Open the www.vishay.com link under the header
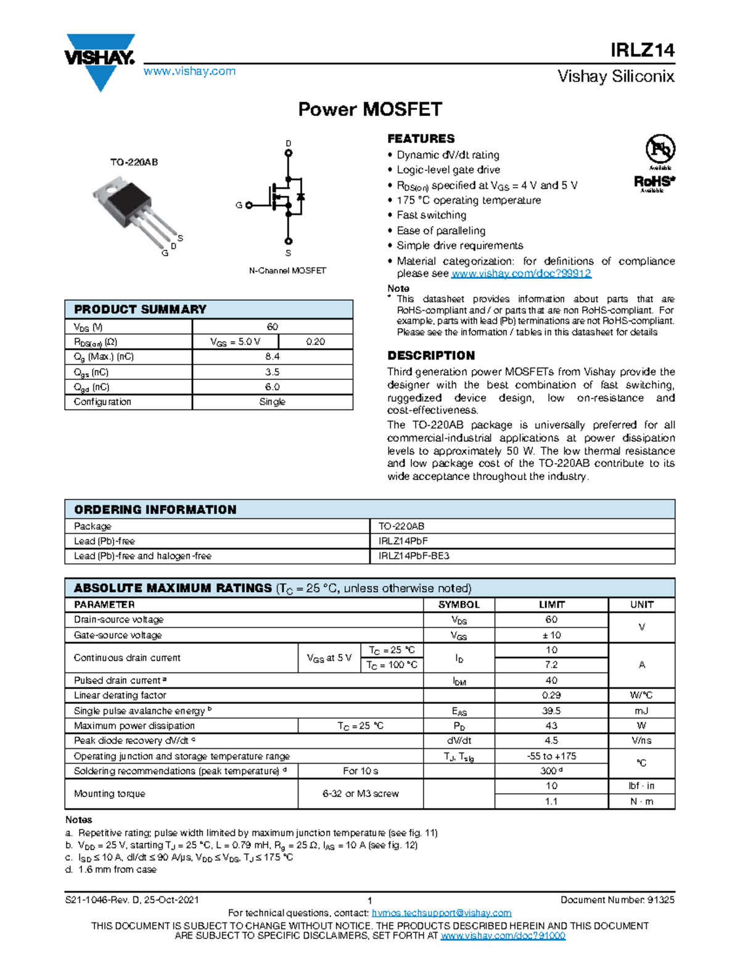click(189, 72)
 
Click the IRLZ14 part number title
click(642, 50)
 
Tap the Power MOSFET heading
click(370, 109)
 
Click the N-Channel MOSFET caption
click(287, 271)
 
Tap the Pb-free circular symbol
click(660, 149)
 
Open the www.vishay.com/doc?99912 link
click(521, 273)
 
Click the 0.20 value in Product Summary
click(315, 342)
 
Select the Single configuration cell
click(272, 402)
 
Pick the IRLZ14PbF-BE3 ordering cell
click(414, 556)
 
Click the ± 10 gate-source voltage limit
click(551, 635)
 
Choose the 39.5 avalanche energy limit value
click(551, 711)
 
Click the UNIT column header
click(641, 605)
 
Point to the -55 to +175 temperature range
click(551, 756)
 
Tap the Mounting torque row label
click(110, 794)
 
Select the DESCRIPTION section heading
click(431, 356)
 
